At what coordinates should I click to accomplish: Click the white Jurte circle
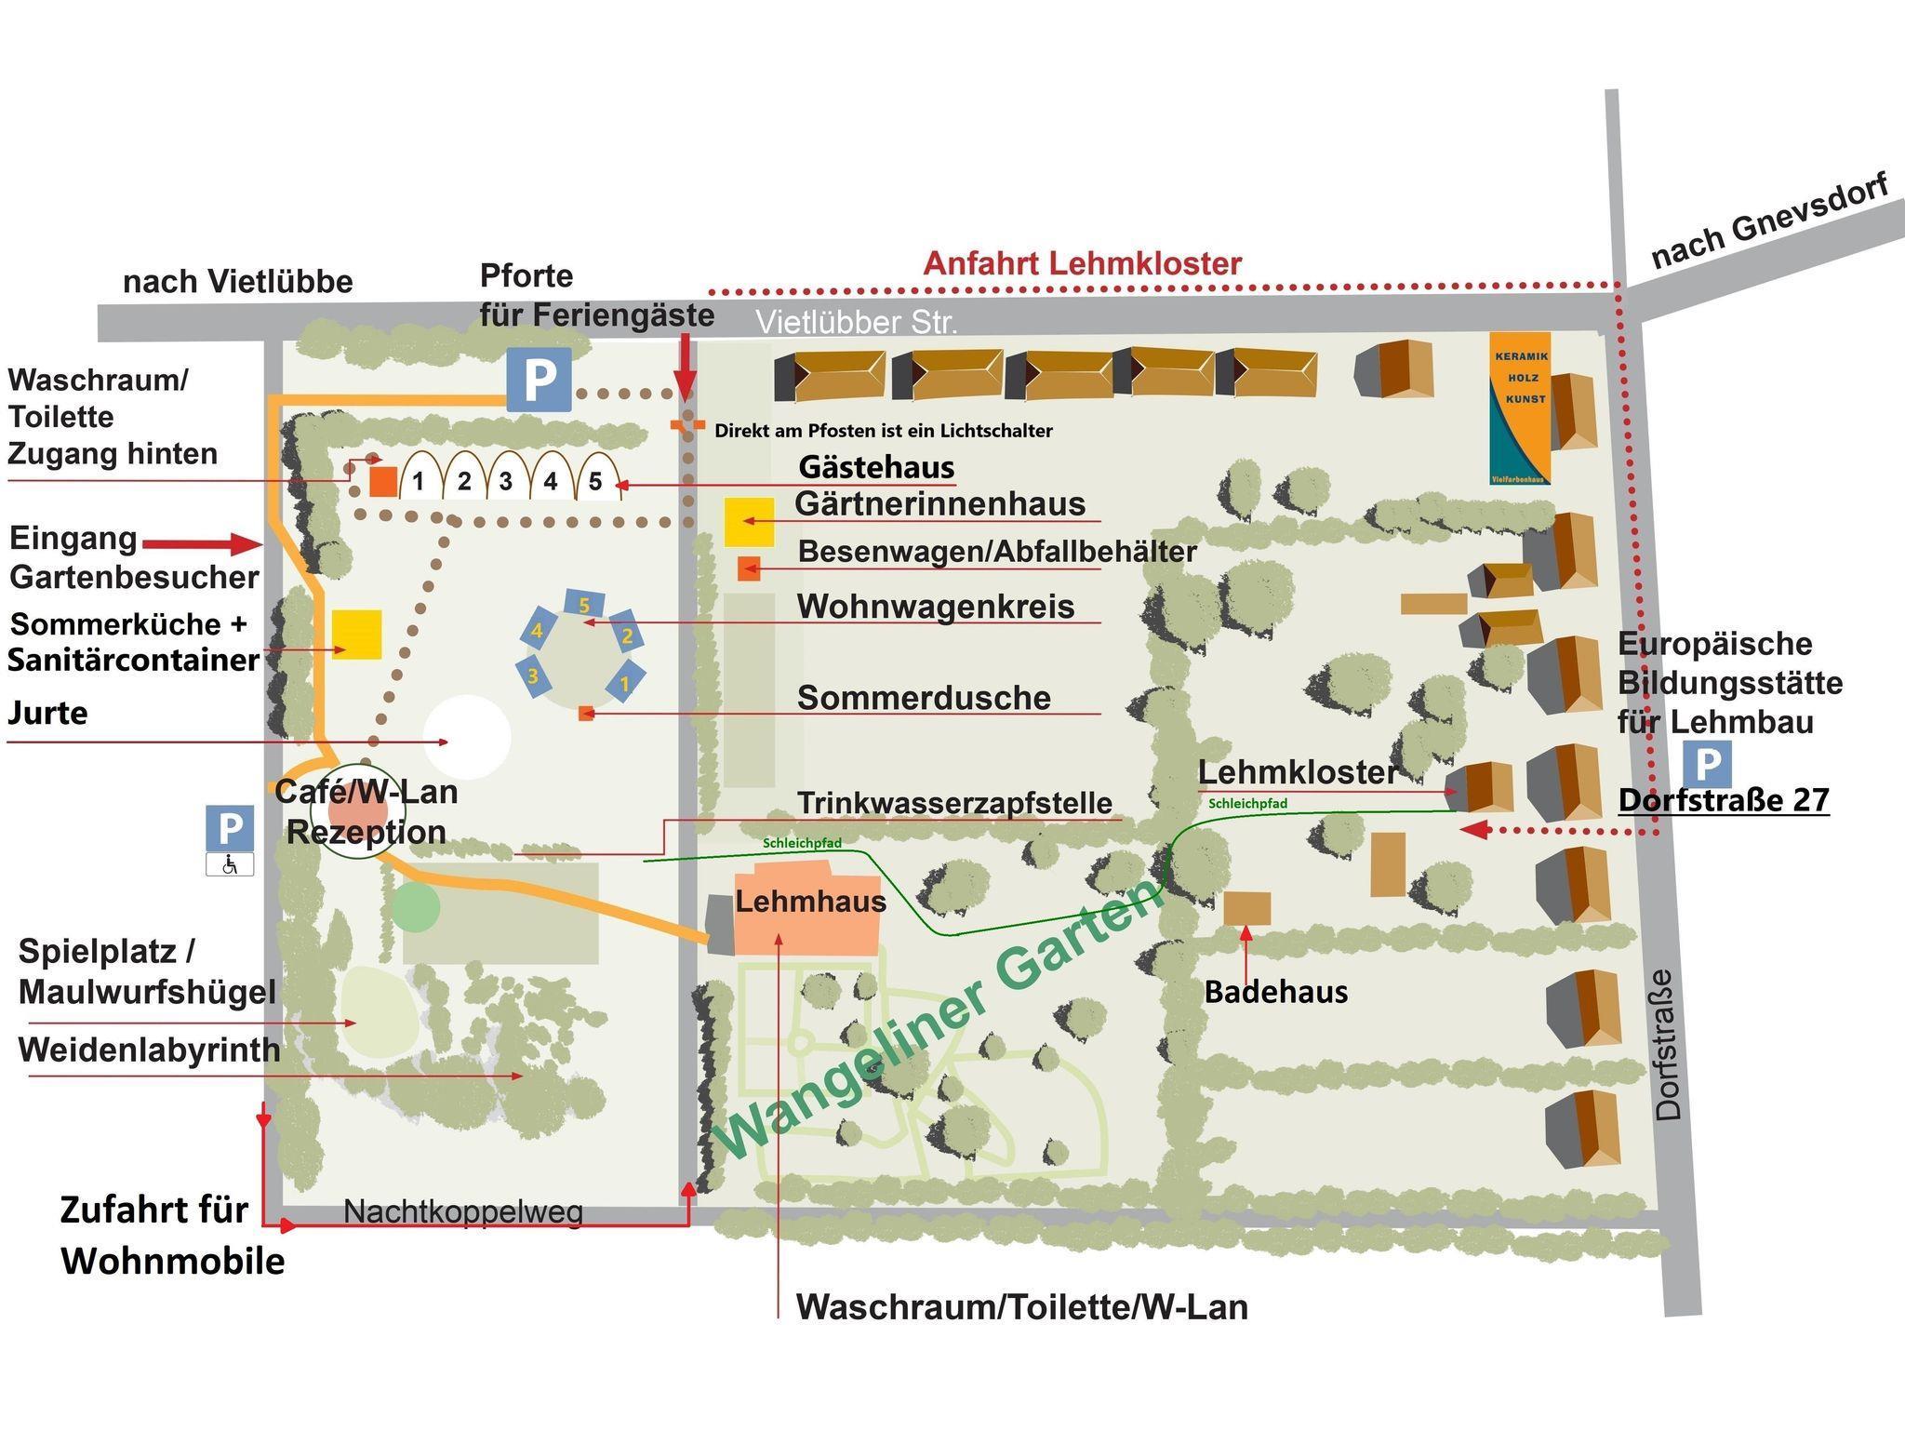467,737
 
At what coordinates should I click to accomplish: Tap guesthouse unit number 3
506,481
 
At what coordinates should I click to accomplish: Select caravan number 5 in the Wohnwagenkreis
584,605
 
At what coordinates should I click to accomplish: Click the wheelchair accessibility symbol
230,865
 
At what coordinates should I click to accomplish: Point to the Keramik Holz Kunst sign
1520,408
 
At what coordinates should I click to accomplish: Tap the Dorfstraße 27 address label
1724,800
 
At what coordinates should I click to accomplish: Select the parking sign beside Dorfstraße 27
1707,764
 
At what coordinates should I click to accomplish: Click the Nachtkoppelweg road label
463,1211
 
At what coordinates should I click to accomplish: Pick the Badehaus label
1275,992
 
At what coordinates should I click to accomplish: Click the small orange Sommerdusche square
586,714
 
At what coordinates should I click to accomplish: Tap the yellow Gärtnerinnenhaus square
749,522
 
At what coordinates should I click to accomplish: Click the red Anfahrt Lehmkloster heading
1082,263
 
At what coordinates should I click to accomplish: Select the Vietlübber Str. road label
856,322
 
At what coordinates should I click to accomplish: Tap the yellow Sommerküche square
357,635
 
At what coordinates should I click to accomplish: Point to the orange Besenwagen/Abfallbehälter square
749,568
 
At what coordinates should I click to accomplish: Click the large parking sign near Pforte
539,380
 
